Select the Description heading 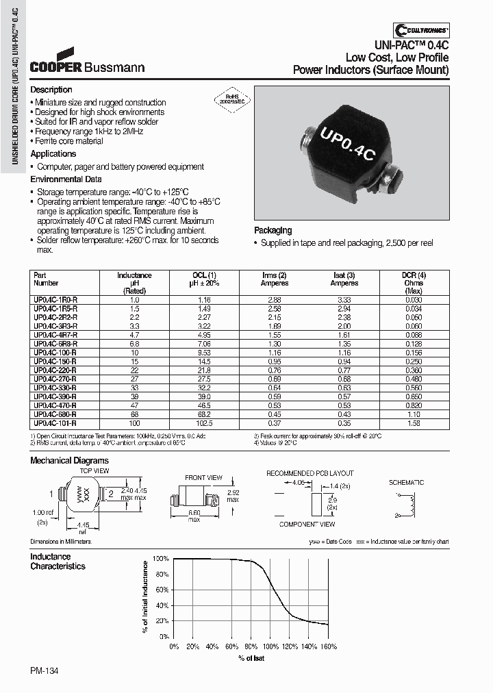pyautogui.click(x=51, y=90)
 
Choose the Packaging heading pyautogui.click(x=273, y=231)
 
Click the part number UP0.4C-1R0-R pyautogui.click(x=55, y=300)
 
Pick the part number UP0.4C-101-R pyautogui.click(x=55, y=424)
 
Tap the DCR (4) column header pyautogui.click(x=413, y=275)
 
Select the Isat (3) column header pyautogui.click(x=344, y=275)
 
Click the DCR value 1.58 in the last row pyautogui.click(x=413, y=424)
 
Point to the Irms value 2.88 pyautogui.click(x=274, y=300)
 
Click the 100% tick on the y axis pyautogui.click(x=160, y=559)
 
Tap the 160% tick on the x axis pyautogui.click(x=328, y=646)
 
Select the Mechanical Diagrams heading pyautogui.click(x=69, y=461)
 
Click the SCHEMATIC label pyautogui.click(x=406, y=483)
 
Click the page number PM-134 pyautogui.click(x=45, y=671)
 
